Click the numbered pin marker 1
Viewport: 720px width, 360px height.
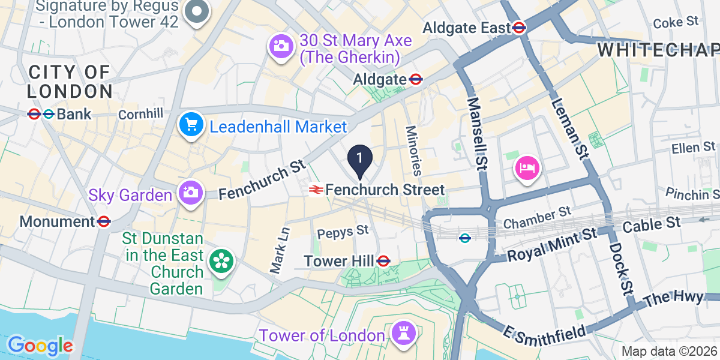(x=360, y=159)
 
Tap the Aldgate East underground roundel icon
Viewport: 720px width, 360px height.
(x=520, y=27)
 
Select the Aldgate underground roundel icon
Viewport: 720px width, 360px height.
(x=415, y=79)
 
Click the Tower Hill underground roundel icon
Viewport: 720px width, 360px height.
(x=384, y=261)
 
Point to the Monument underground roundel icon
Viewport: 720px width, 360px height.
(x=104, y=221)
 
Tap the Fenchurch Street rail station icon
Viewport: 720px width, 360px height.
(x=316, y=190)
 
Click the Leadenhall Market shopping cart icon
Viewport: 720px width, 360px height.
(x=191, y=126)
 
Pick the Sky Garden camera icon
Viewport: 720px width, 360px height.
(x=190, y=193)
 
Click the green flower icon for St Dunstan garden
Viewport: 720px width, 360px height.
(x=221, y=261)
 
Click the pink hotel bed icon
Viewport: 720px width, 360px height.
(x=527, y=167)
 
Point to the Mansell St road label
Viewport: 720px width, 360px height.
(x=478, y=133)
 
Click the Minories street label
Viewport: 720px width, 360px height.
(x=413, y=150)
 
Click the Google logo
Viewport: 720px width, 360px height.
(x=40, y=346)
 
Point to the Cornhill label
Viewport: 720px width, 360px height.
(x=140, y=114)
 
